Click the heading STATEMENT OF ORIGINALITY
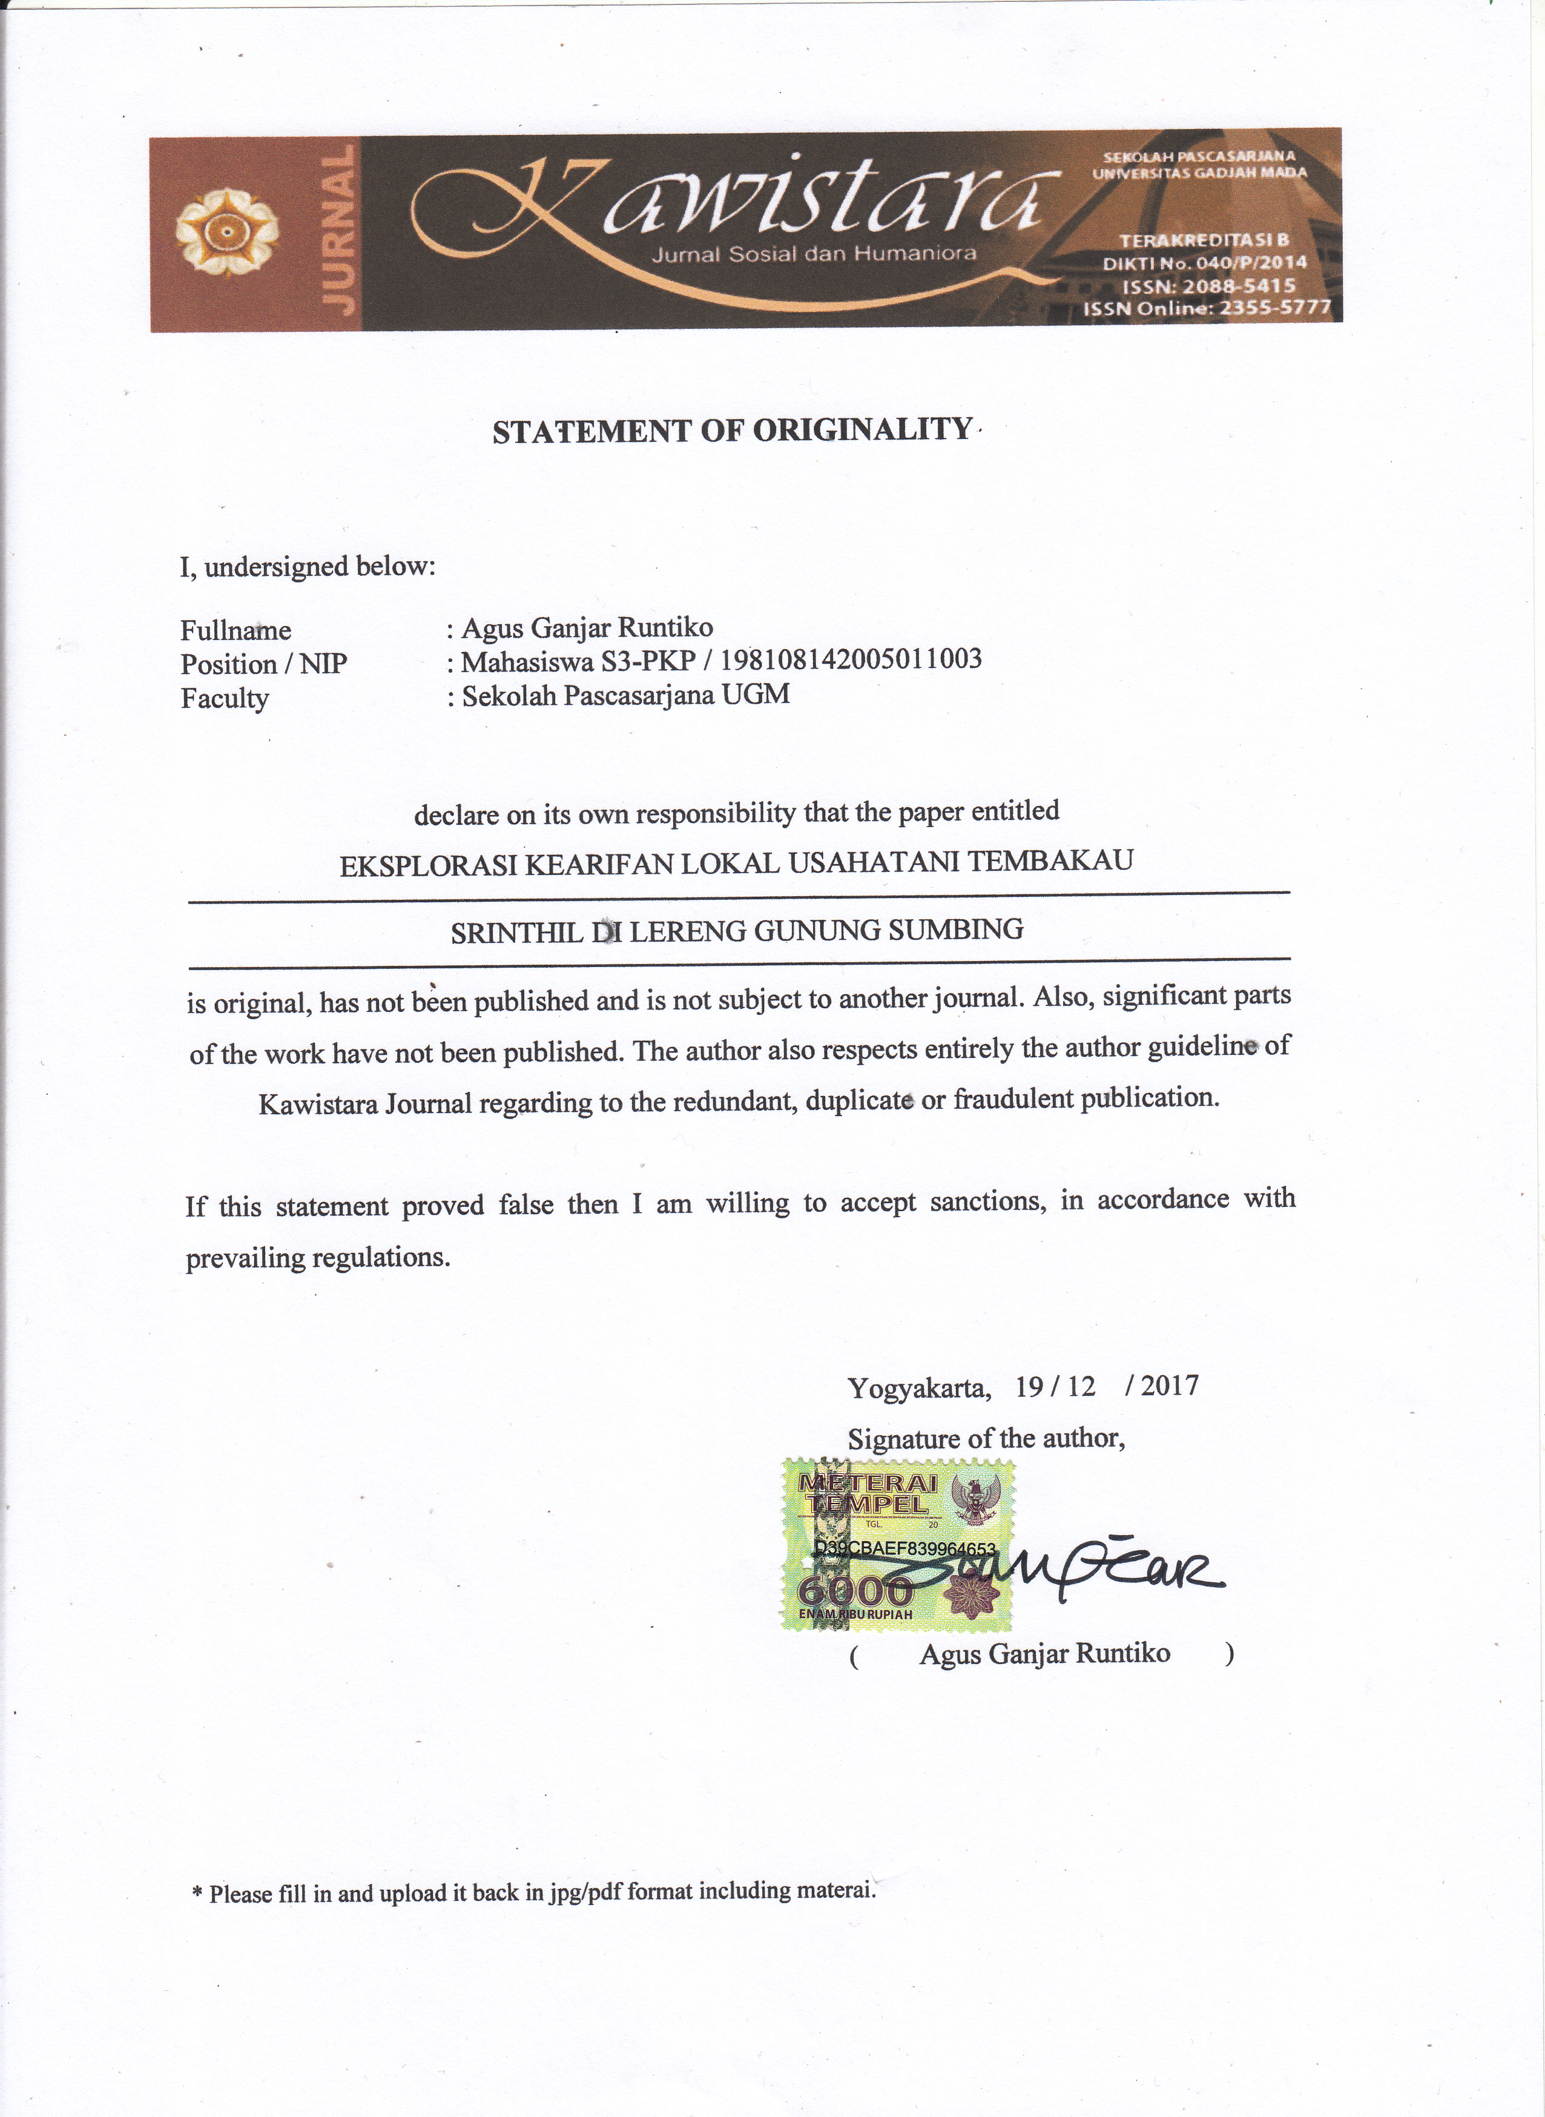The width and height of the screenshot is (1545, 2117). pos(733,431)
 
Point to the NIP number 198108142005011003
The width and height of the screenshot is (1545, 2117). pos(851,659)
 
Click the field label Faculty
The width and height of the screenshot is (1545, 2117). pos(225,699)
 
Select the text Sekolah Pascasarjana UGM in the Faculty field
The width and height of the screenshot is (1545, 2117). pos(625,695)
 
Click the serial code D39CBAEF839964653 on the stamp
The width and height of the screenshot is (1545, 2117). pos(904,1549)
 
